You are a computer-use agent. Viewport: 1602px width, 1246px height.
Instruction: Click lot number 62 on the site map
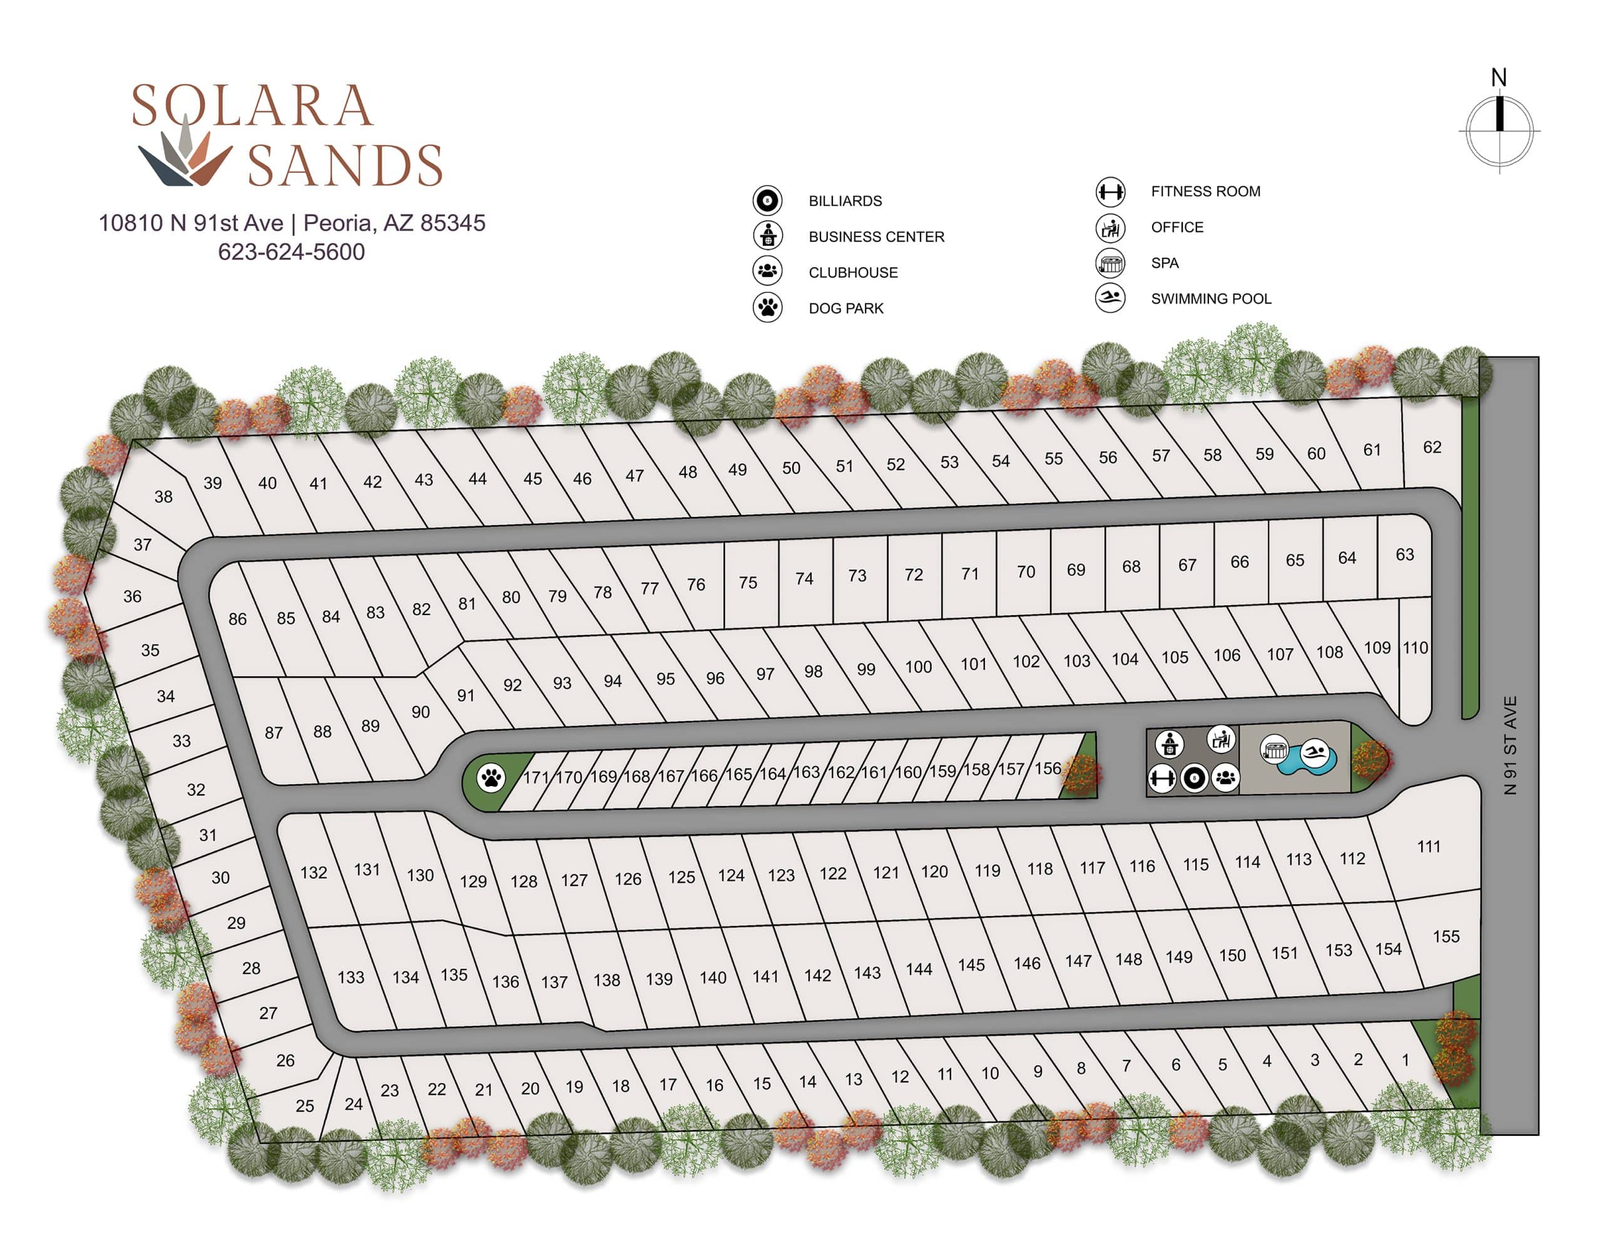click(x=1432, y=447)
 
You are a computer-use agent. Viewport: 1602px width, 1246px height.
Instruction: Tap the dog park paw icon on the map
click(x=491, y=777)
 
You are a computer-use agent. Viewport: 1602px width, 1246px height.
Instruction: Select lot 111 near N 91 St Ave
click(x=1428, y=846)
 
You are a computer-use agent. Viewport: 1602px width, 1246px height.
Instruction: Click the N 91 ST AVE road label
click(x=1509, y=745)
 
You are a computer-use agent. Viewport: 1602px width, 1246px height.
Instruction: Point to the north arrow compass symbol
click(x=1499, y=125)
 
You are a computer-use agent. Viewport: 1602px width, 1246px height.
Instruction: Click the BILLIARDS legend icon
click(x=767, y=200)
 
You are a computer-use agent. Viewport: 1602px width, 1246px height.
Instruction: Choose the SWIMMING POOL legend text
click(x=1210, y=299)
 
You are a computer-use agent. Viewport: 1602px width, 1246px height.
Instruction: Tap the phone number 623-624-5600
click(x=291, y=252)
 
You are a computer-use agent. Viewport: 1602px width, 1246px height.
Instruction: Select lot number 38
click(x=163, y=496)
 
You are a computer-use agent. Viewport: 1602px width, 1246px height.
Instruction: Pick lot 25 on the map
click(x=304, y=1105)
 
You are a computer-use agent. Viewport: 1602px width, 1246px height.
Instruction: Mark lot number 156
click(x=1048, y=768)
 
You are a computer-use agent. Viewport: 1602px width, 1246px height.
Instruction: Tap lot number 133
click(x=350, y=977)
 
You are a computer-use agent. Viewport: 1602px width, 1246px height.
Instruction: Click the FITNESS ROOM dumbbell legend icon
click(x=1110, y=192)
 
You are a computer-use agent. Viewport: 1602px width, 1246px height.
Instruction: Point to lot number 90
click(x=421, y=712)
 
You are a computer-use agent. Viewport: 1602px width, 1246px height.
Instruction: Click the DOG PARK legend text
click(x=846, y=308)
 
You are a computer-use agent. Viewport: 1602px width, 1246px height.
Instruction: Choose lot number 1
click(x=1406, y=1059)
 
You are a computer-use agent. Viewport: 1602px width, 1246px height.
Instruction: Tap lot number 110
click(x=1415, y=648)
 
